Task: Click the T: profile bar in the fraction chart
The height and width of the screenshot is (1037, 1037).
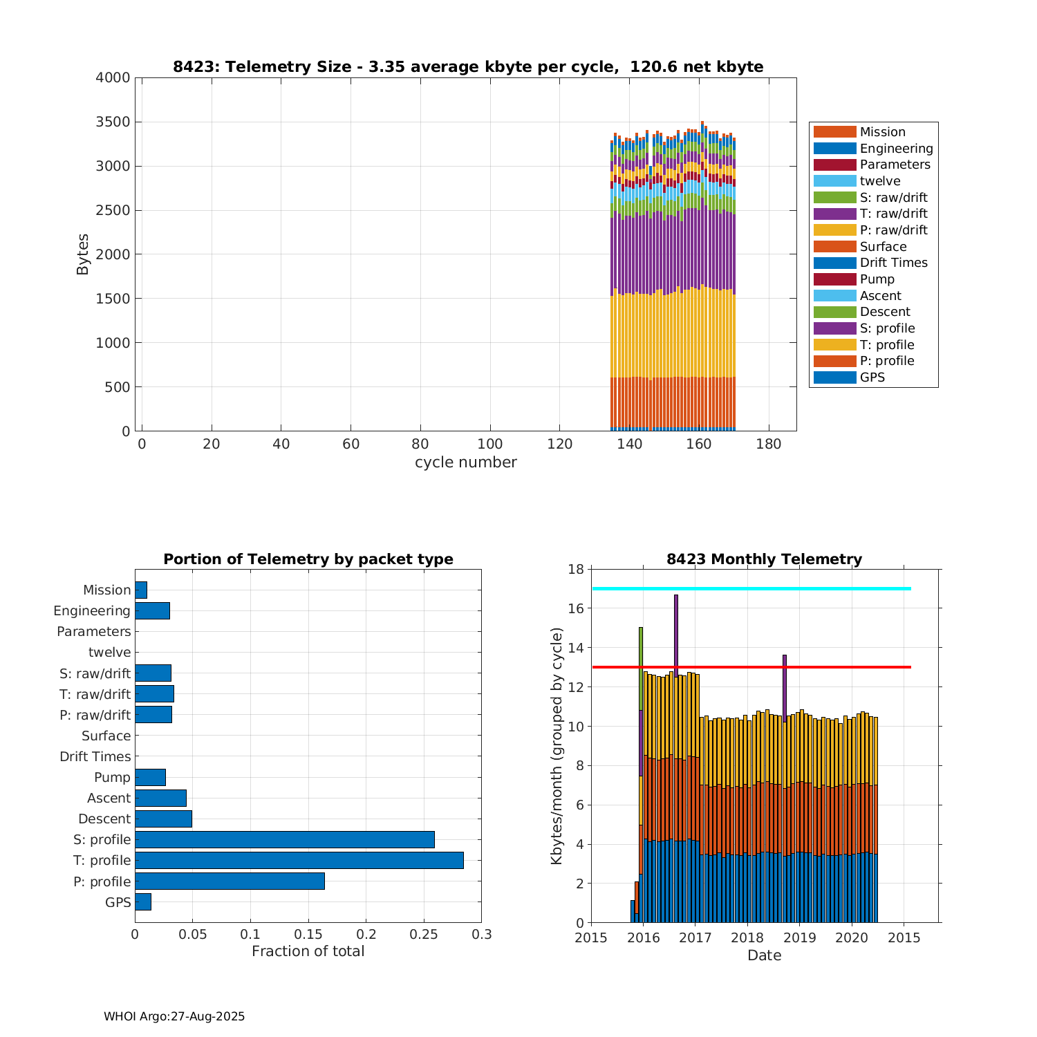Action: (299, 860)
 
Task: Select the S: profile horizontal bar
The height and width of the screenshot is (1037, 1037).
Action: (284, 839)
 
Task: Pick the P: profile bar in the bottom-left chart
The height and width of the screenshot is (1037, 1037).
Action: (230, 881)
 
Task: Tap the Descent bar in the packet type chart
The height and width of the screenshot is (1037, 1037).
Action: (163, 819)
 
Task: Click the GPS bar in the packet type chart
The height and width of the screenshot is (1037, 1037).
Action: (142, 901)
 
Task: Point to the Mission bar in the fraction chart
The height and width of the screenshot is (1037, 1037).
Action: (140, 590)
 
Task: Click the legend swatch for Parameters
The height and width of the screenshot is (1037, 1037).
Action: (834, 165)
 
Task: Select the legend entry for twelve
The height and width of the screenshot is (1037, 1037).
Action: (879, 181)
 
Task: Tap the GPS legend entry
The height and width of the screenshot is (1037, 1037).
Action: (872, 377)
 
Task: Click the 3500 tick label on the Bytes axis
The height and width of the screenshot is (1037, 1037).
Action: (113, 122)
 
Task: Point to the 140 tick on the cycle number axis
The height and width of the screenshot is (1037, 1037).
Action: (629, 444)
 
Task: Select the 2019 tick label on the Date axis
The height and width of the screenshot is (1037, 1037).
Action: (799, 938)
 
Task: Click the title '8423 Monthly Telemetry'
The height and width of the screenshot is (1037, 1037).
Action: (764, 559)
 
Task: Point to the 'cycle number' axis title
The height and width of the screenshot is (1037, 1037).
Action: (465, 463)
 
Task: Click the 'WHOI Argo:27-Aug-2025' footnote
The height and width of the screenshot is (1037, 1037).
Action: (174, 1016)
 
